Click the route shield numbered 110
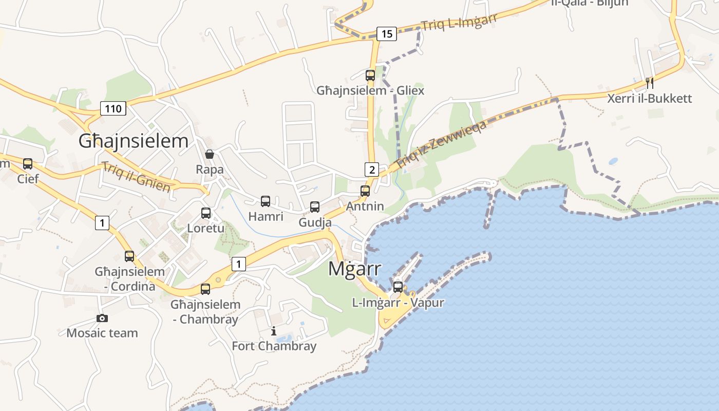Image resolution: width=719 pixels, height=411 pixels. (113, 108)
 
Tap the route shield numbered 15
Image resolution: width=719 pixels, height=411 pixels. (387, 34)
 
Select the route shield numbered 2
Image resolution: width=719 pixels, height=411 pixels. (371, 169)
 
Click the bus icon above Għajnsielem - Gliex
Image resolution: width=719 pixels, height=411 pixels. (370, 76)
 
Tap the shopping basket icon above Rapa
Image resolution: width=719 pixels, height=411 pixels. (210, 154)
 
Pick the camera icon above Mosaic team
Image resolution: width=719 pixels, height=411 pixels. (102, 318)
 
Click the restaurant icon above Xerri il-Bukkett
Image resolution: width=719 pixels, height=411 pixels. (650, 83)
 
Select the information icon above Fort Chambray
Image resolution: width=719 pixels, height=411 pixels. (274, 331)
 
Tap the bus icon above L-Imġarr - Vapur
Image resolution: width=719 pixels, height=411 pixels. (398, 287)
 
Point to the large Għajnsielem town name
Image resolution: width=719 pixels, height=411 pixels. (134, 141)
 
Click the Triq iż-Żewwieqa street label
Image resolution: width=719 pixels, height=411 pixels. (441, 145)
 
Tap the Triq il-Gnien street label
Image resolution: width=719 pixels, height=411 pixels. (136, 177)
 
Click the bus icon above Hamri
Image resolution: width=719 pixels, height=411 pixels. (266, 201)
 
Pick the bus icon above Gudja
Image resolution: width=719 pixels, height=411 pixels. (315, 207)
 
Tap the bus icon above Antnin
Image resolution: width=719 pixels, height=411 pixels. (365, 191)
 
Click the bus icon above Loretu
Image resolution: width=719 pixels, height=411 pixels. (206, 213)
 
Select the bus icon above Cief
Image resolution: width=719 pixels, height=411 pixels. (28, 164)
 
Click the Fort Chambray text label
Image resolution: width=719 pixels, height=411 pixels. (274, 346)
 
